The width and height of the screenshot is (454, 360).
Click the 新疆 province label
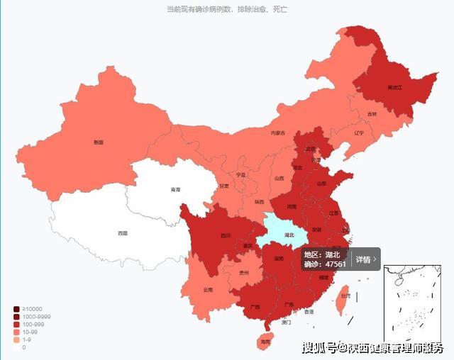click(x=98, y=142)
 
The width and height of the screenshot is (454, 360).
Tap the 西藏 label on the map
click(x=123, y=233)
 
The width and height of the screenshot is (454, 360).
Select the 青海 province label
click(x=175, y=190)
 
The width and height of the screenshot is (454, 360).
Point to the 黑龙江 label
click(x=395, y=87)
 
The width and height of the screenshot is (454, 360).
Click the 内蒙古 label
click(x=277, y=133)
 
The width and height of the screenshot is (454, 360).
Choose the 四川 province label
click(x=226, y=235)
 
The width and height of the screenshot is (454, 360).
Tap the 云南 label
click(x=208, y=290)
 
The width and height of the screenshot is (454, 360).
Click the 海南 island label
click(x=265, y=342)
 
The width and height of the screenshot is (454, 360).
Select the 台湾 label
click(x=345, y=296)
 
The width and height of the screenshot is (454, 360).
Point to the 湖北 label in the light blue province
click(x=289, y=235)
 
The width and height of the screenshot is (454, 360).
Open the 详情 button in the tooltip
click(x=366, y=259)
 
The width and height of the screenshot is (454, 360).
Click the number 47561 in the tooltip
click(x=335, y=264)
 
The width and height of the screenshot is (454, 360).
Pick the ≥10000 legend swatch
click(x=16, y=308)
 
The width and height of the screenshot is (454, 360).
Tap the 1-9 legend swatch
click(x=16, y=339)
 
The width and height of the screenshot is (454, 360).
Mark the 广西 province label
click(x=255, y=308)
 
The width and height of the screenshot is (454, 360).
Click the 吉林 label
click(x=372, y=114)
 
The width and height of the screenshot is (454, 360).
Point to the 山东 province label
click(x=322, y=184)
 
